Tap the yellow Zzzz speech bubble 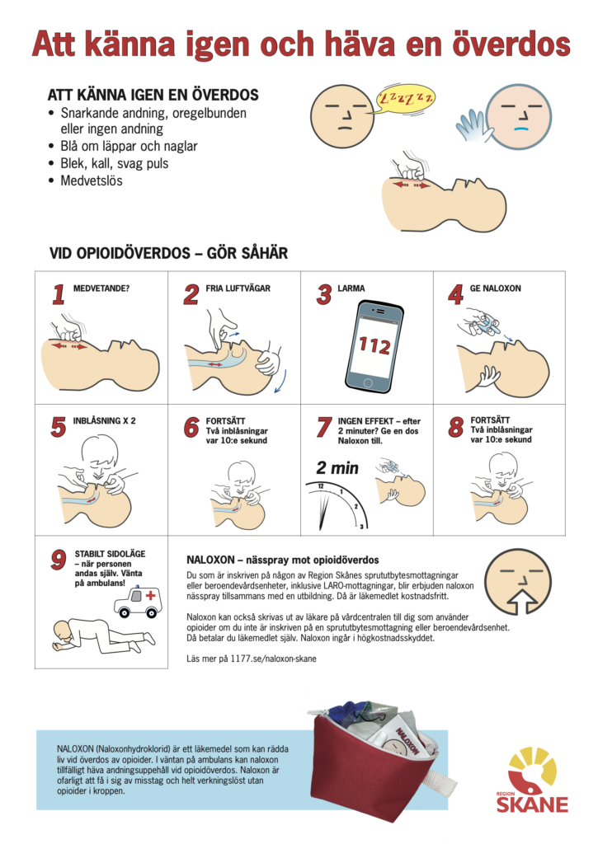(405, 101)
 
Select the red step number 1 (59, 294)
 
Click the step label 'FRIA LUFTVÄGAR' (238, 288)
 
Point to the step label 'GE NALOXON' (495, 288)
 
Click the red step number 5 (59, 426)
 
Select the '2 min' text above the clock (338, 468)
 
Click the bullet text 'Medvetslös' (91, 181)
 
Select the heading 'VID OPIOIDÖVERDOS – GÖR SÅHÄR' (168, 253)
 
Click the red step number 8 (455, 426)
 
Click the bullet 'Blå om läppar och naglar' (129, 146)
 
